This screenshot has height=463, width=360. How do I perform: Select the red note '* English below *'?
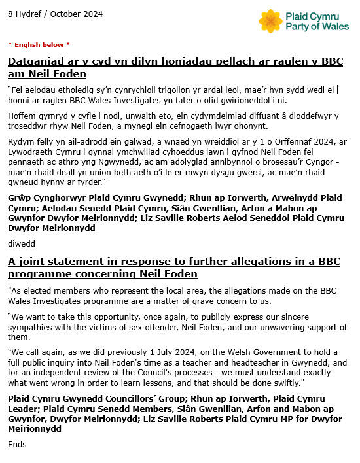tap(39, 44)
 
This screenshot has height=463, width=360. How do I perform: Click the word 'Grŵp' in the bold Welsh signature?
tap(20, 197)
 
